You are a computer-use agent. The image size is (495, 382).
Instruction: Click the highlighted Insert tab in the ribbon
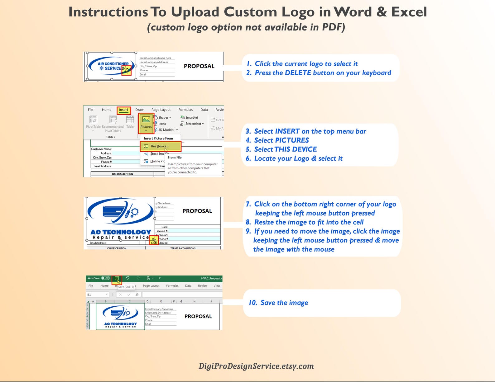123,110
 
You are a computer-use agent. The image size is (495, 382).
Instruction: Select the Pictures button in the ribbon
146,123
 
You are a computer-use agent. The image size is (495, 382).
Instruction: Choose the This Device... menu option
160,146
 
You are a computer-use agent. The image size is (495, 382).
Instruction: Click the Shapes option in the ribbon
163,118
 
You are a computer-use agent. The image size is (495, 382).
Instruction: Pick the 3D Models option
166,130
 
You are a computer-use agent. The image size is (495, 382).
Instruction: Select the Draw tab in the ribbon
139,110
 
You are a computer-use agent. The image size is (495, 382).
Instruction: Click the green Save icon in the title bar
117,278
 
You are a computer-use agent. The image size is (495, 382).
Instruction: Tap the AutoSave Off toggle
106,278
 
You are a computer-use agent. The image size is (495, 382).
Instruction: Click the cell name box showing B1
97,295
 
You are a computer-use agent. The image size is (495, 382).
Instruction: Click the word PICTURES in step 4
292,140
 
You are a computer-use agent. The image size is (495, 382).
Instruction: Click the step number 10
253,303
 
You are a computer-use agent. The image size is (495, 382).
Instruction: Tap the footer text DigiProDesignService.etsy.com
256,366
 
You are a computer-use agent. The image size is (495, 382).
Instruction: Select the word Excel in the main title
409,12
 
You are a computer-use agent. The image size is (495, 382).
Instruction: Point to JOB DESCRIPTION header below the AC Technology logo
116,248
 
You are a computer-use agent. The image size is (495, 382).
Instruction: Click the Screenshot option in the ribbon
193,124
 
